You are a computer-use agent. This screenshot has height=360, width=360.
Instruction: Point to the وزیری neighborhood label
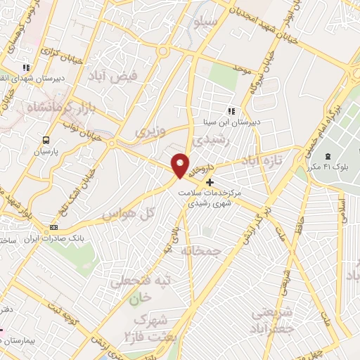click(x=149, y=131)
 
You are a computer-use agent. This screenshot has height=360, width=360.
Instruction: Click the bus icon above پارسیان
click(x=46, y=140)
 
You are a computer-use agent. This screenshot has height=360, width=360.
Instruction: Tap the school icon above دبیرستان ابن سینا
click(x=230, y=111)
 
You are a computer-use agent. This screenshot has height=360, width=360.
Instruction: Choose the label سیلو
click(x=205, y=22)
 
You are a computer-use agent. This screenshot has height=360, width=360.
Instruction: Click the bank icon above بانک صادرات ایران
click(x=54, y=227)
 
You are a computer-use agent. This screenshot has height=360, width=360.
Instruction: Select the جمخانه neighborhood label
click(x=202, y=250)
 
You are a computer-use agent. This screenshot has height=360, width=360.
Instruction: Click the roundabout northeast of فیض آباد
click(x=164, y=51)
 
